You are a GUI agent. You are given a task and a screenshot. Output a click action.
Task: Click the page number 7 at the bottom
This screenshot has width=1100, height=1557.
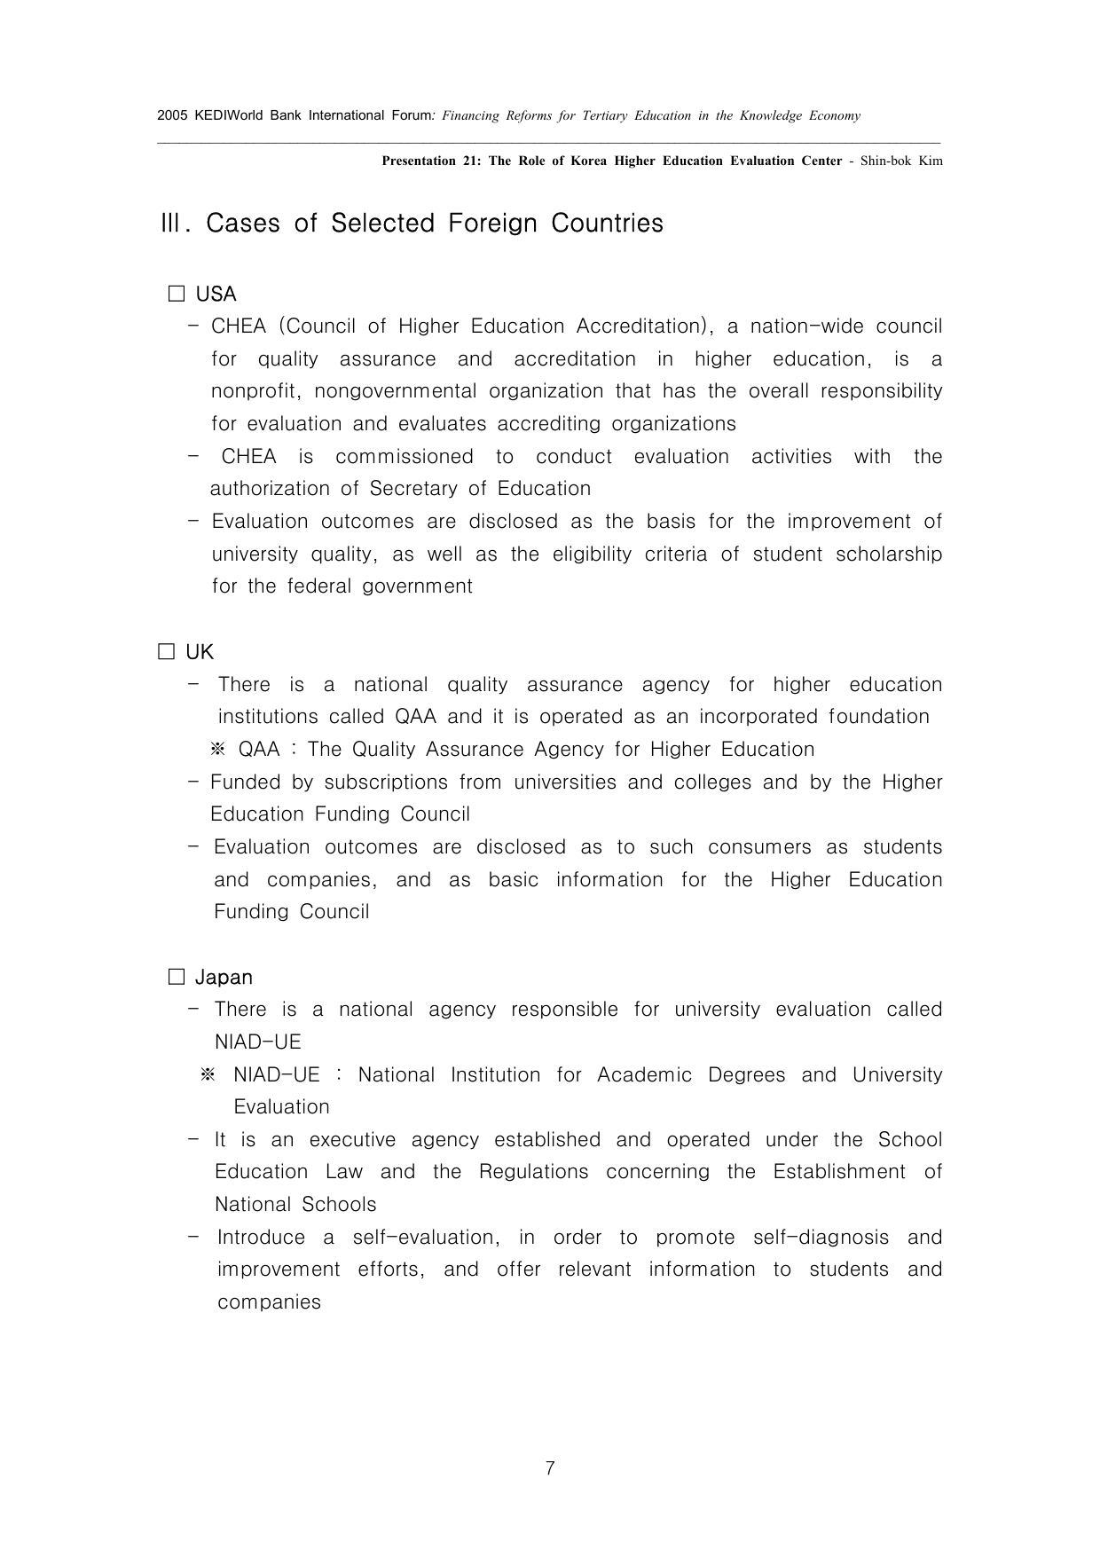tap(550, 1468)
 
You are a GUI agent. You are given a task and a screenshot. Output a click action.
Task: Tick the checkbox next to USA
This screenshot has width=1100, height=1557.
tap(177, 294)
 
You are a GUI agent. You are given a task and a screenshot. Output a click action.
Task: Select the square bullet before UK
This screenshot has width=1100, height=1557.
tap(166, 652)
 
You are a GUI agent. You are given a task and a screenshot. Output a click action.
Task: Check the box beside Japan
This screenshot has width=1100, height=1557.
tap(177, 978)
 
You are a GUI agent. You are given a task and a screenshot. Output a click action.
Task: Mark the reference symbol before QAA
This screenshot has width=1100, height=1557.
tap(218, 750)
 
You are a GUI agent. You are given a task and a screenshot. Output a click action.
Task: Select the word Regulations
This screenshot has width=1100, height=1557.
tap(533, 1172)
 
